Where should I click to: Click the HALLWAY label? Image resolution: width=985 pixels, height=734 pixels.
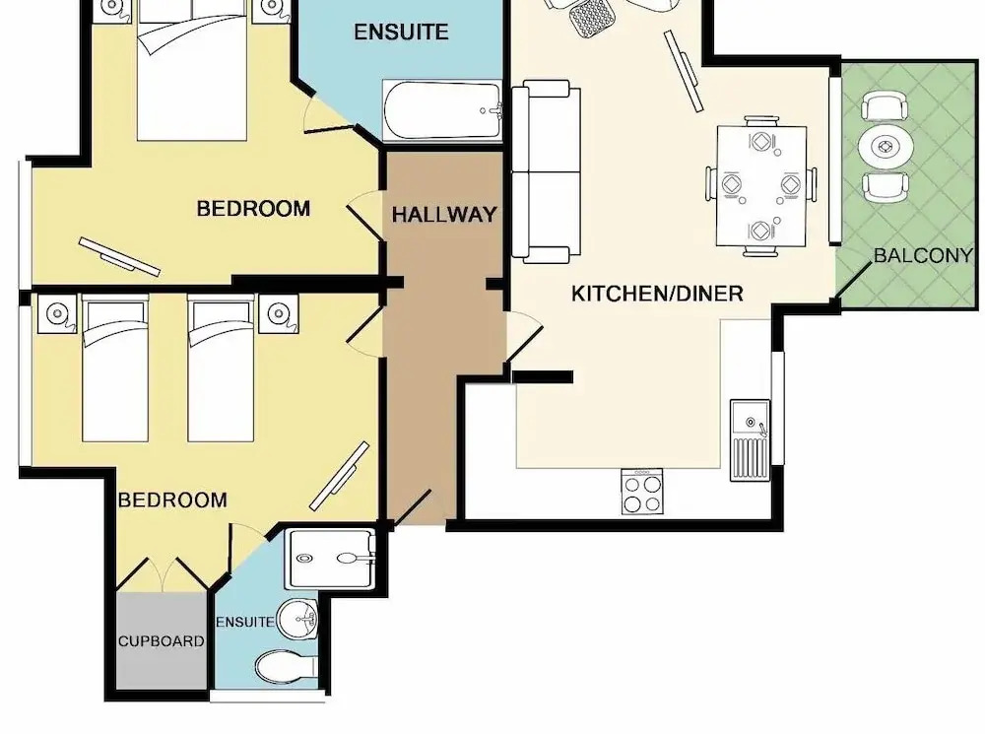[x=444, y=215]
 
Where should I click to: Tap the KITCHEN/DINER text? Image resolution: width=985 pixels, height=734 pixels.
[x=657, y=294]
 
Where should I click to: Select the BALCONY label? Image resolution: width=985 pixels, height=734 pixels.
[x=923, y=255]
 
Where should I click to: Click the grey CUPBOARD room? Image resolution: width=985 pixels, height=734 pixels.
[x=162, y=640]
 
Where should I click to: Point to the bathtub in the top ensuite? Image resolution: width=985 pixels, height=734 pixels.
[x=442, y=110]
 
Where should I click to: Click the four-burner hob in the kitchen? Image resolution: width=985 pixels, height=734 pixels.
[x=642, y=492]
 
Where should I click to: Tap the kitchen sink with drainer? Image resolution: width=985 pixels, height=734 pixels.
[x=750, y=440]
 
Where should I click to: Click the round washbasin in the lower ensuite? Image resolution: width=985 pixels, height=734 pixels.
[x=298, y=619]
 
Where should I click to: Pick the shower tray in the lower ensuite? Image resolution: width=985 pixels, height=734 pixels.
[x=330, y=559]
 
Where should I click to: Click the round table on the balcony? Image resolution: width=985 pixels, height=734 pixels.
[x=886, y=148]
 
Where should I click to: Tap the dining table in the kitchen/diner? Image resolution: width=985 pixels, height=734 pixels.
[x=761, y=186]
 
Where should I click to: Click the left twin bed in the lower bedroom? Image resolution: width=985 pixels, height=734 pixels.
[x=115, y=368]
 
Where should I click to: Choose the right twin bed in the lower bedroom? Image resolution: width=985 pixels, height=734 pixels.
[x=221, y=368]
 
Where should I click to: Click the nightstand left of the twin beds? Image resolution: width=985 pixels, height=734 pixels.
[x=57, y=313]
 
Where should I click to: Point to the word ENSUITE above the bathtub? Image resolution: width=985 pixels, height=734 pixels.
[x=401, y=32]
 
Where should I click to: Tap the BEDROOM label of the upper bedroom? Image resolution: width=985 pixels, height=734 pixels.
[x=253, y=208]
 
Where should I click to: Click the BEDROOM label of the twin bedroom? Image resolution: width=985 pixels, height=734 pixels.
[x=172, y=500]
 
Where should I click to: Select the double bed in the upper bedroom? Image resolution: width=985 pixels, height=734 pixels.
[x=192, y=70]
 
